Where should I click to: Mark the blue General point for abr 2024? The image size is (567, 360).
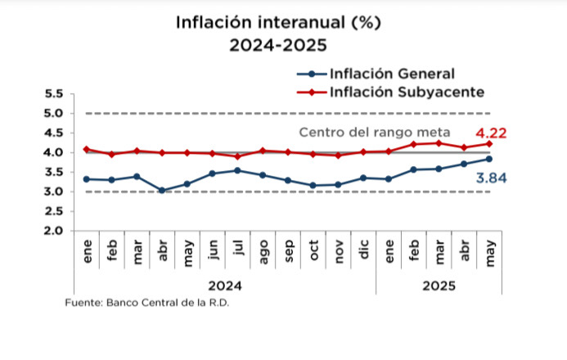162,190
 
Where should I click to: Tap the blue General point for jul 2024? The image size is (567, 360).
237,170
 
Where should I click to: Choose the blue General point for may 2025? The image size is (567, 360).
489,159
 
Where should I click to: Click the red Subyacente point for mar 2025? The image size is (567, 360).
439,143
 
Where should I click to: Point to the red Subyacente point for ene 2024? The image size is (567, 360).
87,150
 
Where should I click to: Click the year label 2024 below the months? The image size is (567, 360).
225,286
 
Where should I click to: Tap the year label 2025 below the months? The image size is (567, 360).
439,286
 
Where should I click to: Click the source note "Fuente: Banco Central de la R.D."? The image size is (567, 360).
147,303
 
